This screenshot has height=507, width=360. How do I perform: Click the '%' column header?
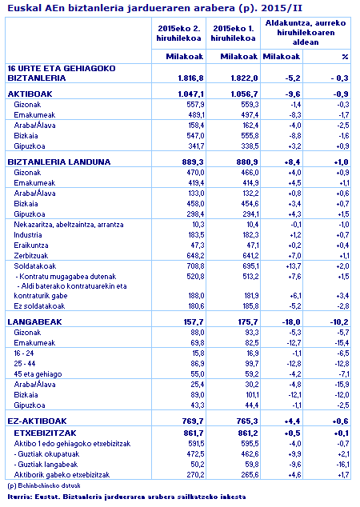[345, 57]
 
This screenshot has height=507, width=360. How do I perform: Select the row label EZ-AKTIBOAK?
[37, 420]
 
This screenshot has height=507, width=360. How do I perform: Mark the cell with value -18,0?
[290, 321]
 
